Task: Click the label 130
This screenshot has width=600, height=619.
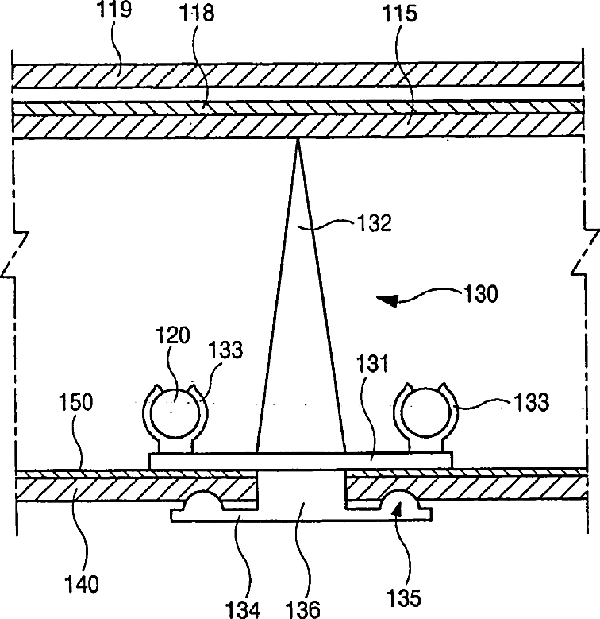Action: click(481, 295)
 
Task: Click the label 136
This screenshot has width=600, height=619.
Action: click(304, 607)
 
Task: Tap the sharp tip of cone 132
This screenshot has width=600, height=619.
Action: click(298, 141)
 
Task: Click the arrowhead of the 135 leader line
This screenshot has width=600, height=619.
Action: click(398, 509)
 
